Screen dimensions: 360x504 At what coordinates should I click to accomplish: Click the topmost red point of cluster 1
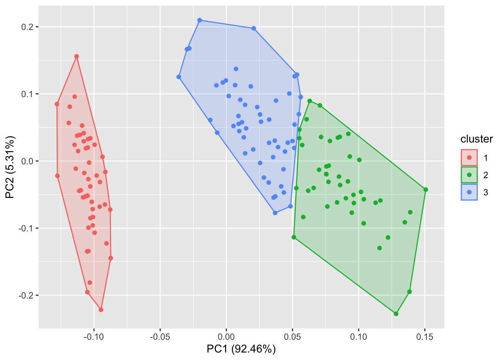[x=76, y=56]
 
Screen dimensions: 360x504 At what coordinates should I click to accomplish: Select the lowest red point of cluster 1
[x=101, y=310]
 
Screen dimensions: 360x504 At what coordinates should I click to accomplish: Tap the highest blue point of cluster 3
[x=199, y=20]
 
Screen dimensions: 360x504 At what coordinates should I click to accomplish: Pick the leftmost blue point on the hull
[x=179, y=77]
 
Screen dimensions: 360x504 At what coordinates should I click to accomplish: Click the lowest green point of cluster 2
[x=396, y=314]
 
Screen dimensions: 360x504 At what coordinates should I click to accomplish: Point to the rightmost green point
[x=426, y=190]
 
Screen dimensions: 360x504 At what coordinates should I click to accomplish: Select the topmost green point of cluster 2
[x=310, y=101]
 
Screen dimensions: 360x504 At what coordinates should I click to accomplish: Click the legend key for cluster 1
[x=469, y=157]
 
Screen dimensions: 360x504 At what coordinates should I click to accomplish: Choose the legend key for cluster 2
[x=469, y=175]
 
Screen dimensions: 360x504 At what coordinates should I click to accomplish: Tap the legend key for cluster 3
[x=469, y=192]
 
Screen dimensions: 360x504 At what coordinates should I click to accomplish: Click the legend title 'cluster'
[x=477, y=139]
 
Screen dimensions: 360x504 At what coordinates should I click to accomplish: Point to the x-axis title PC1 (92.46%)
[x=241, y=349]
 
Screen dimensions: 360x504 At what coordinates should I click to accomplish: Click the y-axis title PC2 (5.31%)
[x=10, y=167]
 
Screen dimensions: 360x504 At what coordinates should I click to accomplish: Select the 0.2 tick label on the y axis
[x=27, y=27]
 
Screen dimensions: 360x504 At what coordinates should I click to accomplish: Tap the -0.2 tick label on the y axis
[x=26, y=295]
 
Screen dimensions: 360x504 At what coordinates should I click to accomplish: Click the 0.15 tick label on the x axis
[x=424, y=337]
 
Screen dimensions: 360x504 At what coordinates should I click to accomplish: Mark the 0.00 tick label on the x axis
[x=226, y=337]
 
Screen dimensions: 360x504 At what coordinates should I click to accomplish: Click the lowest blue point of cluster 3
[x=275, y=213]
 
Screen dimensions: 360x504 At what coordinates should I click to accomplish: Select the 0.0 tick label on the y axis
[x=27, y=161]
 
